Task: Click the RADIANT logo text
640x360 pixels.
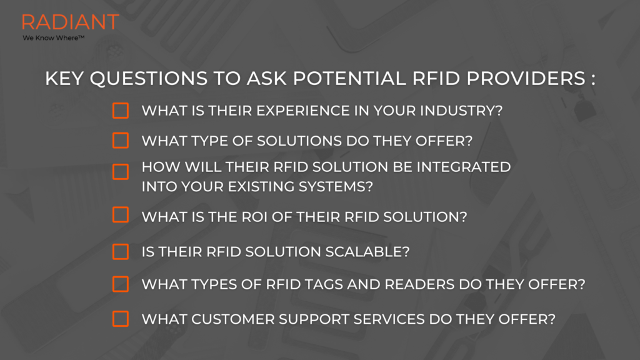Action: coord(70,22)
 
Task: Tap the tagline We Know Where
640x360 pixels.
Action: coord(53,38)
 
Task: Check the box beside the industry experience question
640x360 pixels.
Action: coord(121,111)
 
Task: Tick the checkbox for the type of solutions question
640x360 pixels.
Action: coord(121,141)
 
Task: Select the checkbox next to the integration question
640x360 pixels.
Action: coord(121,172)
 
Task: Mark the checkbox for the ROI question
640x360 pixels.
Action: coord(121,215)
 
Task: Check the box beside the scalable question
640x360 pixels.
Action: coord(121,251)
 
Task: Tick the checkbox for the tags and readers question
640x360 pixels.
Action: coord(121,284)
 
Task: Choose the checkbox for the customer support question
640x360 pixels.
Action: coord(121,319)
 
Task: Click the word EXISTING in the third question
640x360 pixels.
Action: coord(251,186)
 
